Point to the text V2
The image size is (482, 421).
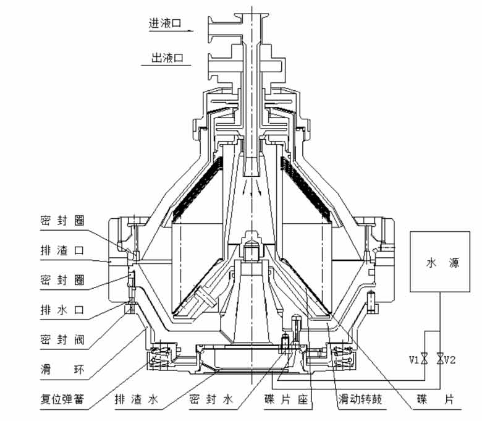pos(450,359)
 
